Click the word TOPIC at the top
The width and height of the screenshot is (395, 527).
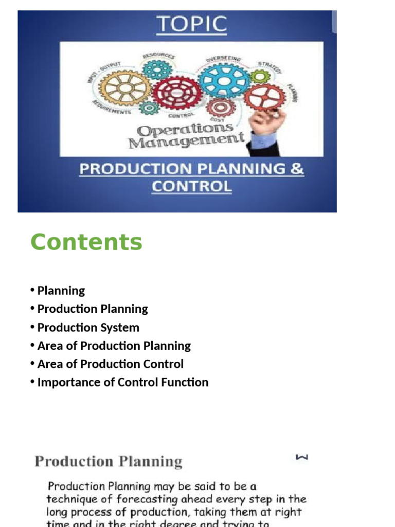pyautogui.click(x=191, y=25)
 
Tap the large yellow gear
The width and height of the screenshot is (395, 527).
pyautogui.click(x=125, y=87)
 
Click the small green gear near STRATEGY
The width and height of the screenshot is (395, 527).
pyautogui.click(x=260, y=77)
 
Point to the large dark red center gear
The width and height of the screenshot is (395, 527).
pyautogui.click(x=177, y=93)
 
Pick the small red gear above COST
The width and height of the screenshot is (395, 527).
pyautogui.click(x=221, y=107)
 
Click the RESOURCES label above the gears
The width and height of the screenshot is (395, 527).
pyautogui.click(x=158, y=55)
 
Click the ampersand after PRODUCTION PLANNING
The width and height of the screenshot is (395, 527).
pyautogui.click(x=297, y=169)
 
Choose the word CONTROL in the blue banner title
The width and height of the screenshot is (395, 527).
pyautogui.click(x=191, y=186)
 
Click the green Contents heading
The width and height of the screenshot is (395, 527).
pyautogui.click(x=86, y=242)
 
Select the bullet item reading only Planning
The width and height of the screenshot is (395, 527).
pyautogui.click(x=61, y=291)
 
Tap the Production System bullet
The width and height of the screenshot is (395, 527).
pyautogui.click(x=88, y=328)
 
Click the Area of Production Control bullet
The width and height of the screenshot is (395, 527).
pyautogui.click(x=110, y=364)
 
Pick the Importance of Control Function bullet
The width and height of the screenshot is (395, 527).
pyautogui.click(x=122, y=382)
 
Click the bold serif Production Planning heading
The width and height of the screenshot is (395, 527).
pyautogui.click(x=109, y=461)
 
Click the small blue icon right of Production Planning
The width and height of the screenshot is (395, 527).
pyautogui.click(x=302, y=457)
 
